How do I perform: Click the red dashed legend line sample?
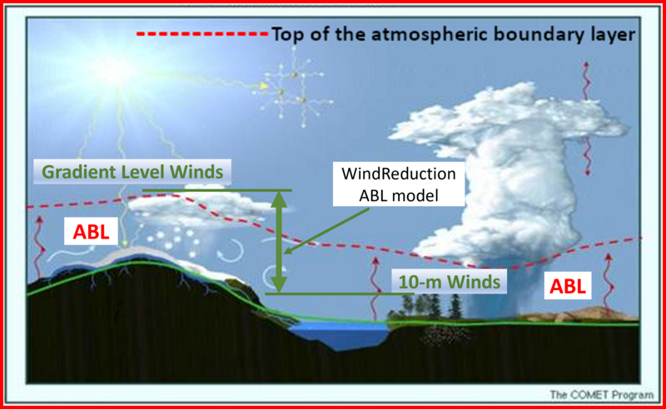(x=202, y=33)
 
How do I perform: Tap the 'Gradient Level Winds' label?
(x=132, y=172)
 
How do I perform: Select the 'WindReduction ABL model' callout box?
(x=399, y=185)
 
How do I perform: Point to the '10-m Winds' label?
(x=449, y=282)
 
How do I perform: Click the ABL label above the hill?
(x=91, y=232)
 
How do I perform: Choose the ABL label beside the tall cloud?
(x=568, y=286)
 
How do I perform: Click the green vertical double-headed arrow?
(x=279, y=242)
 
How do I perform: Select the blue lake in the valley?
(x=339, y=334)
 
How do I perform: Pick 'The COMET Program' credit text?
(x=601, y=395)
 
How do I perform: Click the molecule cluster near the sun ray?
(x=294, y=88)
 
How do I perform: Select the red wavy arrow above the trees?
(x=375, y=288)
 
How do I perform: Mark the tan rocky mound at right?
(x=579, y=314)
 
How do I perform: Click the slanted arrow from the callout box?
(x=326, y=232)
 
